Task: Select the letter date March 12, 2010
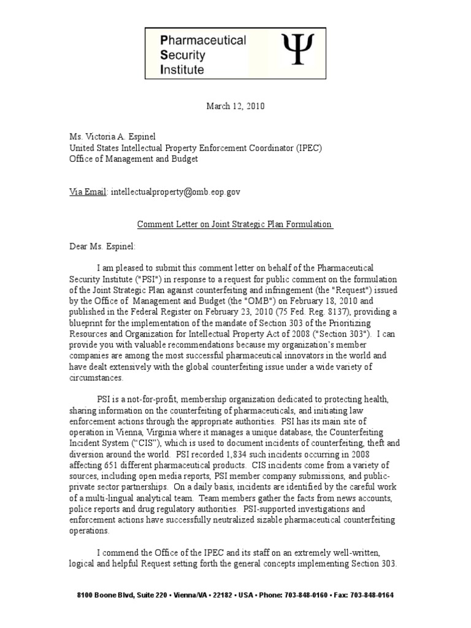click(235, 106)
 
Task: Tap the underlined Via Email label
click(88, 192)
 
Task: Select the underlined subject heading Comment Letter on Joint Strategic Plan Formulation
click(235, 224)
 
